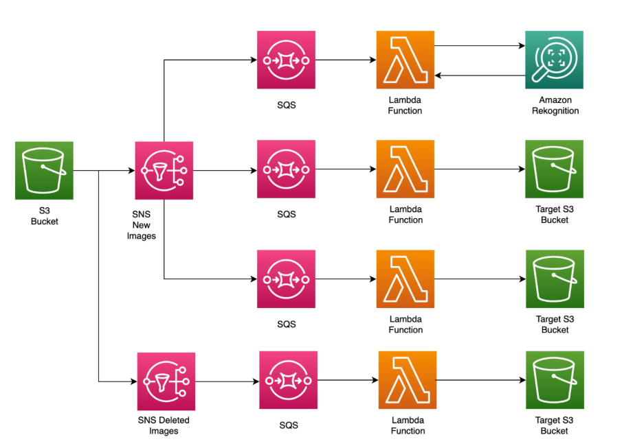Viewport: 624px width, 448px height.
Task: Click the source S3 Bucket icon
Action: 44,170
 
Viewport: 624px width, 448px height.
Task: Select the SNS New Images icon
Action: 164,170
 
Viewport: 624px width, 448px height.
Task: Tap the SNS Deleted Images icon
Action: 166,381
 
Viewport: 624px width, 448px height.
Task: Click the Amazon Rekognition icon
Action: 554,60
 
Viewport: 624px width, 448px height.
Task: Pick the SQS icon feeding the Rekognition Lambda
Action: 286,60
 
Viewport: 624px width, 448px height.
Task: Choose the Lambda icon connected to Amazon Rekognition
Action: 405,60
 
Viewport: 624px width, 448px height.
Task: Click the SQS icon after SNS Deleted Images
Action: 288,380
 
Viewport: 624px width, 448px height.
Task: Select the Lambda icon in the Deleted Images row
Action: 407,380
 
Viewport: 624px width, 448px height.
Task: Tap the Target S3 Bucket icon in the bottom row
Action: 555,380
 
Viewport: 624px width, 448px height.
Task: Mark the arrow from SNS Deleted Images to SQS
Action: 227,381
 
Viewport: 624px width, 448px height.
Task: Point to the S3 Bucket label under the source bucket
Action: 44,216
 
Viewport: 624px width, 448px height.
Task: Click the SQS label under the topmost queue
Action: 286,105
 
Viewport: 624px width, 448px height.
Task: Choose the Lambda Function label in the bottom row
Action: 408,425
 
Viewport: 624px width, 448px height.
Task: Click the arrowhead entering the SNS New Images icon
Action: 131,170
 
